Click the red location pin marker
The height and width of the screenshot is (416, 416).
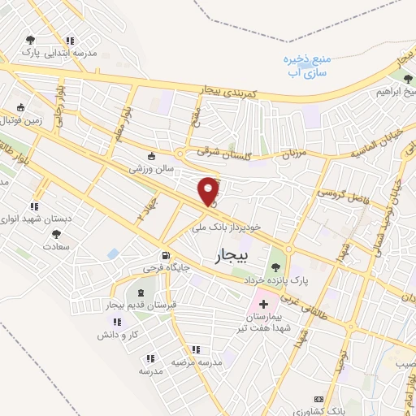coord(209,190)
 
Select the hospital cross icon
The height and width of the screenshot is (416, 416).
coord(262,303)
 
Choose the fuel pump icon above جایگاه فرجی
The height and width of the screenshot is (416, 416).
coord(165,253)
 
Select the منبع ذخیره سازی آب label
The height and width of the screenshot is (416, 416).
coord(297,67)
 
